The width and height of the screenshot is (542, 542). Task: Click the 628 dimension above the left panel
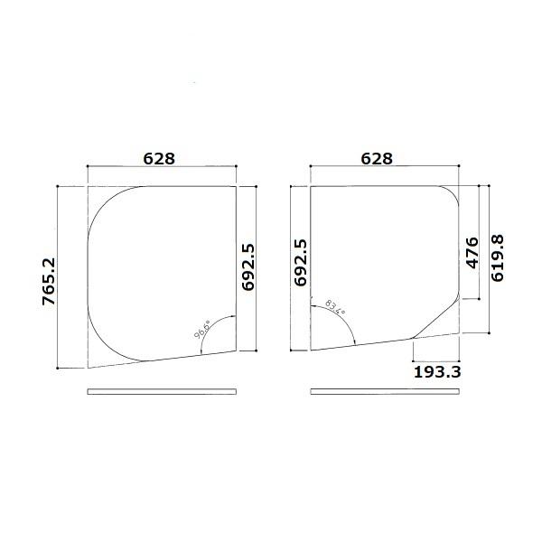coord(159,158)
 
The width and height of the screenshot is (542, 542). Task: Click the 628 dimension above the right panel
coord(377,158)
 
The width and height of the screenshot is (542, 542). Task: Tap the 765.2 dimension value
coord(49,281)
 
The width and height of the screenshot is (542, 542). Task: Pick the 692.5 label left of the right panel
coord(300,263)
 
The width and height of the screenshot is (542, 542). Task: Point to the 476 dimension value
coord(471,254)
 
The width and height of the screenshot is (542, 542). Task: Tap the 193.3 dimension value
coord(437,370)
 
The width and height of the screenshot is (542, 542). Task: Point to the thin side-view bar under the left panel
coord(163,391)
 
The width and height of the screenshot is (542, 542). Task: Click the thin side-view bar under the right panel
coord(384,391)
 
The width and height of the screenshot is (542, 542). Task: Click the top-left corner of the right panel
coord(311,187)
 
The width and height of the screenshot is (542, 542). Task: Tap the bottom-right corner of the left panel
coord(237,350)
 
